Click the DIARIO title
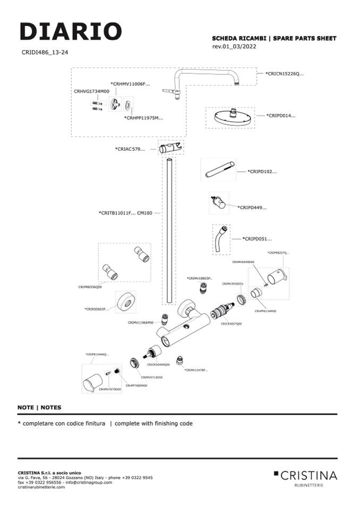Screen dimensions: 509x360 (71, 32)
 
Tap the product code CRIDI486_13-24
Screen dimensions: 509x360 (45, 53)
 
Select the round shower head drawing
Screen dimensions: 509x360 (230, 116)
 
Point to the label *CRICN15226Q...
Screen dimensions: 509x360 (285, 74)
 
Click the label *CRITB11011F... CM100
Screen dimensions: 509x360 (125, 213)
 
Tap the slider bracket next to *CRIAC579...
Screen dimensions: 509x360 (171, 148)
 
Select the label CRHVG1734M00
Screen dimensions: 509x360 (91, 91)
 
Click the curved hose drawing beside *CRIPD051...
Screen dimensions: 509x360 (221, 240)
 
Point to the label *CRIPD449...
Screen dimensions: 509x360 (252, 208)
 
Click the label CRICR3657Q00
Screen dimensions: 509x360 (232, 323)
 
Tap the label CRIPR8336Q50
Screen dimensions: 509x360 (90, 287)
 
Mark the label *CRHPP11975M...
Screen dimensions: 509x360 (143, 118)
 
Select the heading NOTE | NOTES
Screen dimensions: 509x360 (39, 408)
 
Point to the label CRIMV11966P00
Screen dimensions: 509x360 (140, 322)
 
